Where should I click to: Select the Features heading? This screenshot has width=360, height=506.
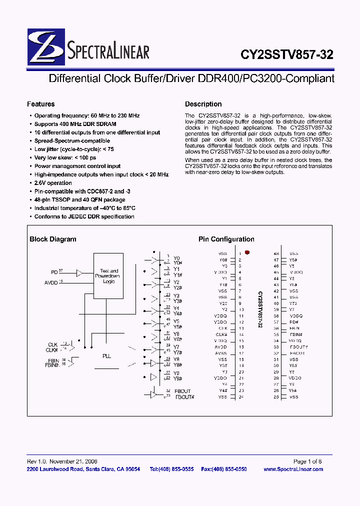(40, 104)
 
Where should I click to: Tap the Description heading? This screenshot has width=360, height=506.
(203, 104)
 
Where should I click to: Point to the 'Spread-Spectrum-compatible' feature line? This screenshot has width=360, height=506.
(72, 141)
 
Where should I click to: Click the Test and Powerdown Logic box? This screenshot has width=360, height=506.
(109, 275)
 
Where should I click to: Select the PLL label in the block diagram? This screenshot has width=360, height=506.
(107, 356)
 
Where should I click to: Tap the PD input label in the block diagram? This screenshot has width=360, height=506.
(54, 272)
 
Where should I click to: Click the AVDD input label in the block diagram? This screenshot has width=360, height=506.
(51, 283)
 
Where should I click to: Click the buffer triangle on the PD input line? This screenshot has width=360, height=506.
(79, 272)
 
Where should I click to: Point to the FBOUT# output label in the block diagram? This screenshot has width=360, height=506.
(184, 397)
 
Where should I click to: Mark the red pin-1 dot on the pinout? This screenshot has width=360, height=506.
(247, 253)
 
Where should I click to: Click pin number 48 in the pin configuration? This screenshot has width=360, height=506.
(276, 254)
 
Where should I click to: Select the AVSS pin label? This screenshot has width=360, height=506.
(220, 353)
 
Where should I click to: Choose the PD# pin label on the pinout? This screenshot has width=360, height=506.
(293, 322)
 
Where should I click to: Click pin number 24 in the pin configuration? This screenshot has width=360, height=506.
(241, 397)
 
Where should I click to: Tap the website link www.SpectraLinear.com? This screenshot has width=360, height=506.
(293, 469)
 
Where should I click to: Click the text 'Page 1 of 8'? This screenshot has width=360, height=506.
(307, 461)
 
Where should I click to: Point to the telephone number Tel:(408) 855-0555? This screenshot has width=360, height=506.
(171, 469)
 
